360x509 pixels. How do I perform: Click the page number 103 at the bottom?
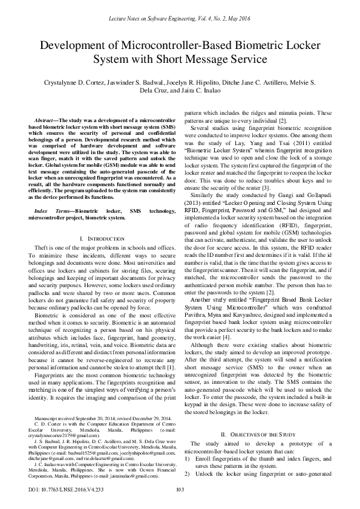pyautogui.click(x=180, y=490)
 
